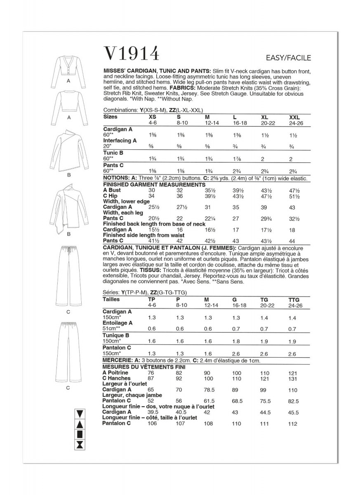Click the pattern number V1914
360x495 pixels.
[x=131, y=54]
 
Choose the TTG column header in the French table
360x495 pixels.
[x=295, y=299]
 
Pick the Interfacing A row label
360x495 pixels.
[x=119, y=140]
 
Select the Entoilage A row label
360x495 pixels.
[x=118, y=323]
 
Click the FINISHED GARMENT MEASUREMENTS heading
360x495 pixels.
[x=148, y=184]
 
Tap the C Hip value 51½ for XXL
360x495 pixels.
[x=295, y=196]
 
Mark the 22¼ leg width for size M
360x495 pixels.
[x=211, y=217]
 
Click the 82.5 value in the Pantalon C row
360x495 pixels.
[x=294, y=401]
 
